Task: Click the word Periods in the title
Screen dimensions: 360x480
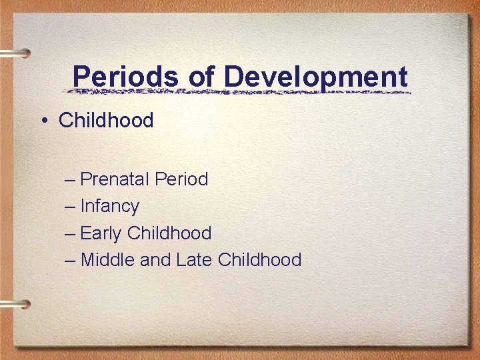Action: coord(126,77)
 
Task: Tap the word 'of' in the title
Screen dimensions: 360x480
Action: coord(201,77)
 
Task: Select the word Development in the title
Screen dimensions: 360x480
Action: coord(315,77)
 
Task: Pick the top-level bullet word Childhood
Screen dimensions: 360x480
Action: coord(106,120)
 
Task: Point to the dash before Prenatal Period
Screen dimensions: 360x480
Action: coord(71,179)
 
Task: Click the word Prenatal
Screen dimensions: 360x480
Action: coord(115,179)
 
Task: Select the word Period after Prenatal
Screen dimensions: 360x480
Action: coord(181,179)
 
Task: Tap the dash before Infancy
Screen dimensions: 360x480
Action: coord(71,207)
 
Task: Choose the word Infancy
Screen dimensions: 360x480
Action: coord(109,207)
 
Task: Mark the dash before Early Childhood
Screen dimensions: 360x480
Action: coord(71,233)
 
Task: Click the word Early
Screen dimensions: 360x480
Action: coord(101,233)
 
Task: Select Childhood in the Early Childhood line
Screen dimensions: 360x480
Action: coord(169,233)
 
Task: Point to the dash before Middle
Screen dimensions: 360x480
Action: coord(71,259)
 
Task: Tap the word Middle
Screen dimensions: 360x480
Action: coord(108,259)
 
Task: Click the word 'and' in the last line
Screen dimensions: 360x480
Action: coord(156,259)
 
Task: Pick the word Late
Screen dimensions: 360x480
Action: coord(194,259)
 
